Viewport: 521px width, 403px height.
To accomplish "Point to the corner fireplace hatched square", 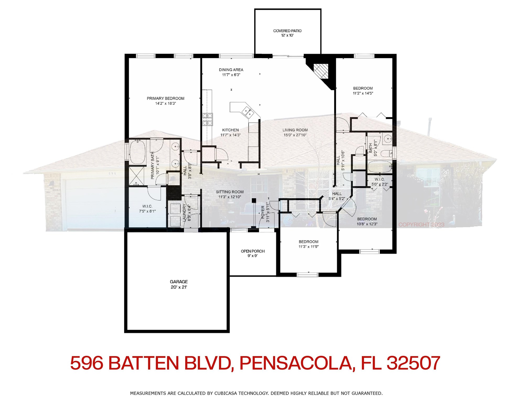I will pos(321,71).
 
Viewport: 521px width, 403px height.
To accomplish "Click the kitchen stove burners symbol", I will pos(207,119).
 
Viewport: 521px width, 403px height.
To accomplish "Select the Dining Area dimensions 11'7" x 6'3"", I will pos(231,75).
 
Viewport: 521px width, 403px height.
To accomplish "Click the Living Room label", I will pos(295,130).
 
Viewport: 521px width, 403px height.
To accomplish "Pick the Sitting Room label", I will pos(230,192).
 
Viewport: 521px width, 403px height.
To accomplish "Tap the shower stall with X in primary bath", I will pos(136,176).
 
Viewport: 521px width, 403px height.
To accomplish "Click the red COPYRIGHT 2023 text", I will pos(421,225).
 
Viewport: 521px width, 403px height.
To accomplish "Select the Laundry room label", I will pos(184,213).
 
